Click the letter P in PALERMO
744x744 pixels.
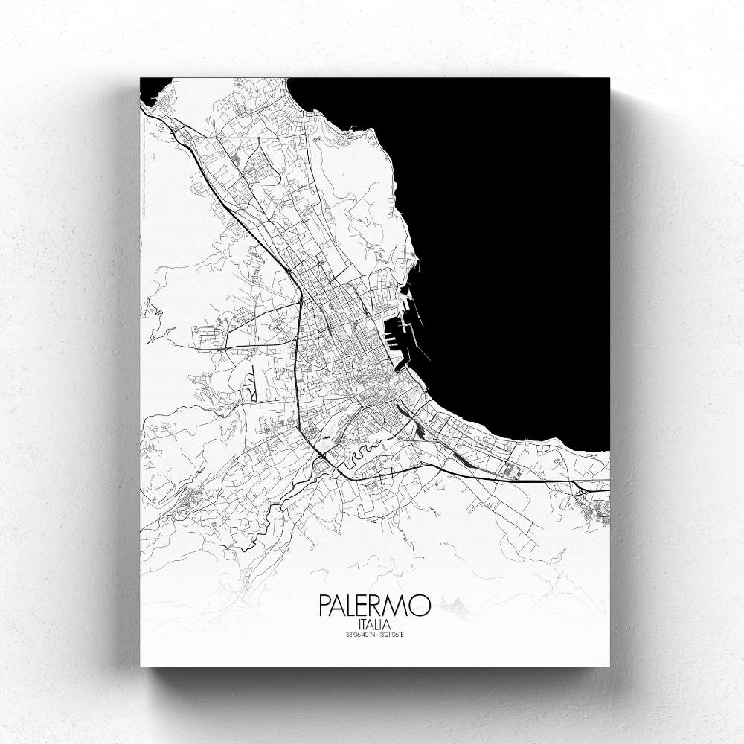[x=324, y=605]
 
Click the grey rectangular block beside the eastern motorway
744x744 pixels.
[x=510, y=469]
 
